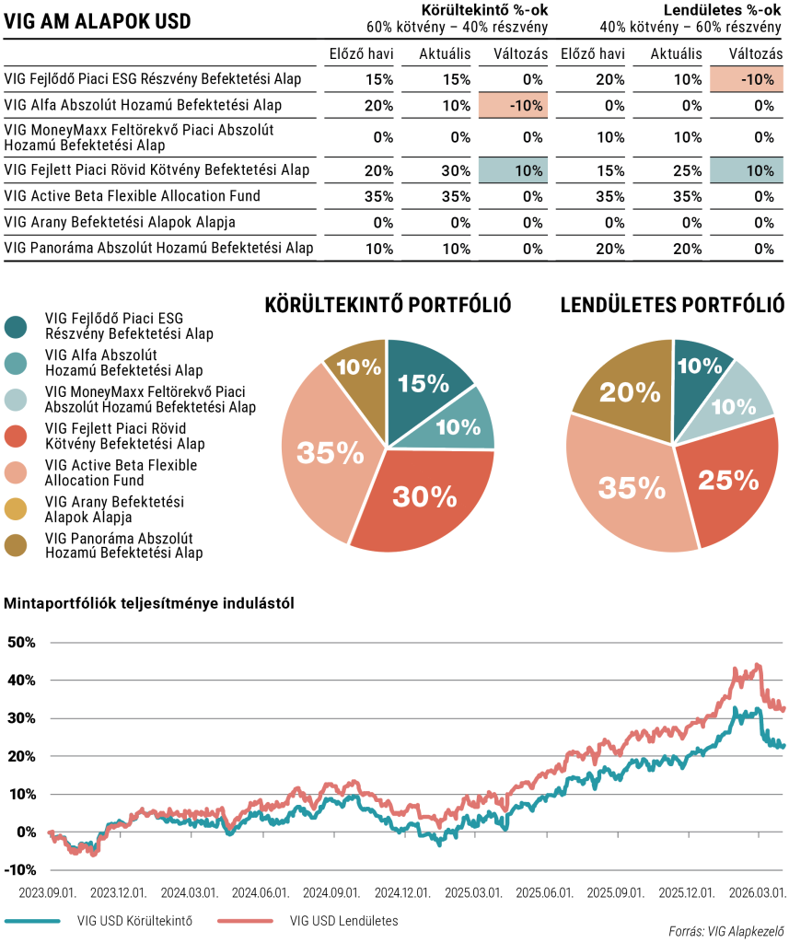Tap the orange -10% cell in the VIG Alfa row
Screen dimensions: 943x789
[x=513, y=105]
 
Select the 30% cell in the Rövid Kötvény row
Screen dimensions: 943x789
[x=433, y=170]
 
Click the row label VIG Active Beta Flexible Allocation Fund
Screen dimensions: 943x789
[x=133, y=196]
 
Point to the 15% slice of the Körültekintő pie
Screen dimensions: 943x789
[x=424, y=382]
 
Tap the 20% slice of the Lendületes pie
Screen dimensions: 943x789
[x=622, y=392]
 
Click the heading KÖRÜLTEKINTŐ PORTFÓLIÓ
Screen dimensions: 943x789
[x=388, y=306]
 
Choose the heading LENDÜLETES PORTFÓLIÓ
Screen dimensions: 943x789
[x=673, y=306]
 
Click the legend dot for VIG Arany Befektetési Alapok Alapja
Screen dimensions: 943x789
[x=16, y=509]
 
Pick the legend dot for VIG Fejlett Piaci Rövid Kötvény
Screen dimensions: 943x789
[x=16, y=437]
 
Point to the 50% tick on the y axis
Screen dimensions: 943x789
[x=21, y=642]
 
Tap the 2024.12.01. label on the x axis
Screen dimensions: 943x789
[x=403, y=893]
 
